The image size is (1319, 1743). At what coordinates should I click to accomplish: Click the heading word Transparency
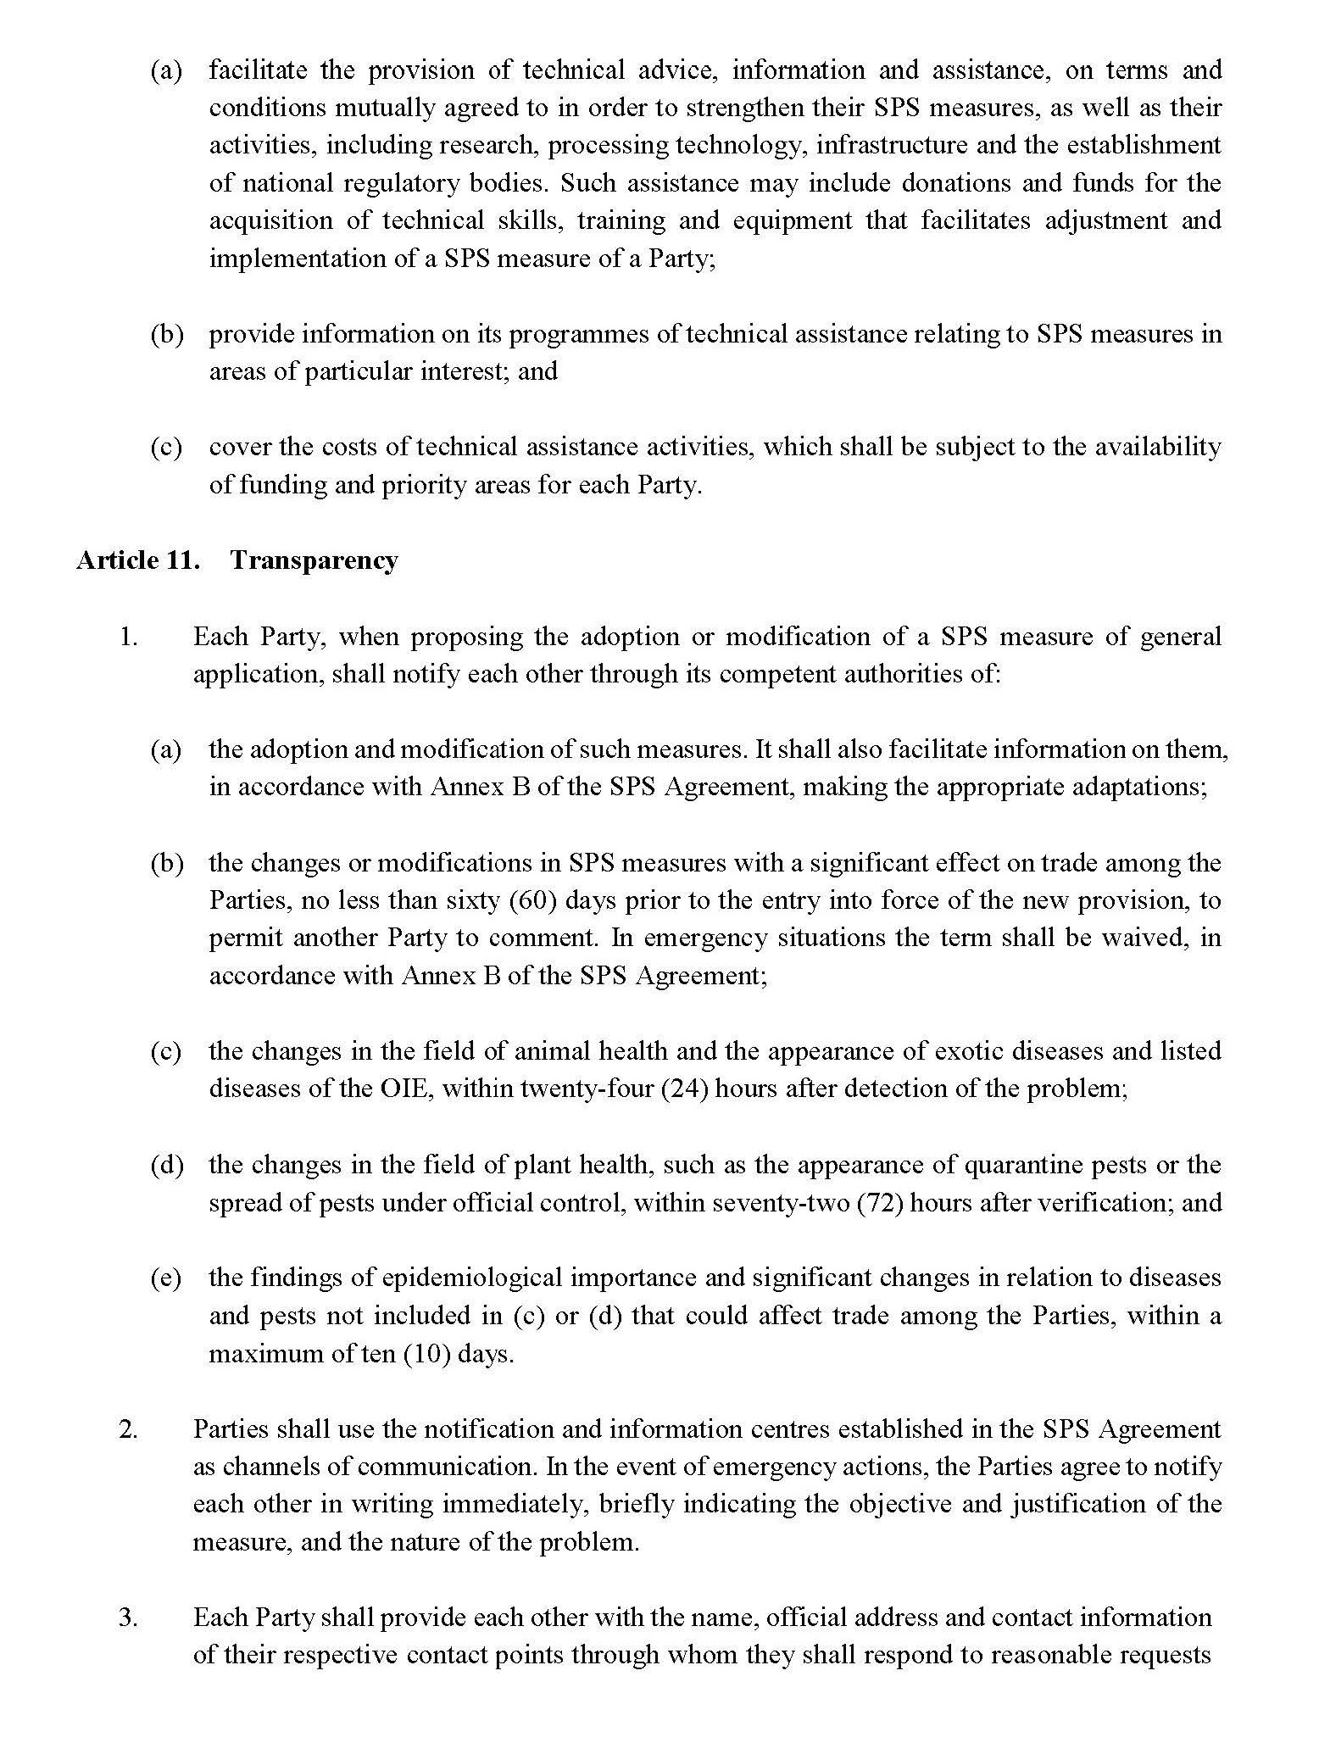[314, 561]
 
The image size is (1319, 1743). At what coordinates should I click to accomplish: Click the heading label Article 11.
[138, 561]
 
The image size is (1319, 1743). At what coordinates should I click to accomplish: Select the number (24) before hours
[684, 1089]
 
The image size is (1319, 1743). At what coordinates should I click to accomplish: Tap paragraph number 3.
[128, 1618]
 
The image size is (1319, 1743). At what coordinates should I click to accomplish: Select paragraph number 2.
[128, 1429]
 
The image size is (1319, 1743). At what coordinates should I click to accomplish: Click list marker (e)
[166, 1278]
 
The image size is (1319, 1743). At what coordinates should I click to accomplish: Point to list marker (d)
[167, 1165]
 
